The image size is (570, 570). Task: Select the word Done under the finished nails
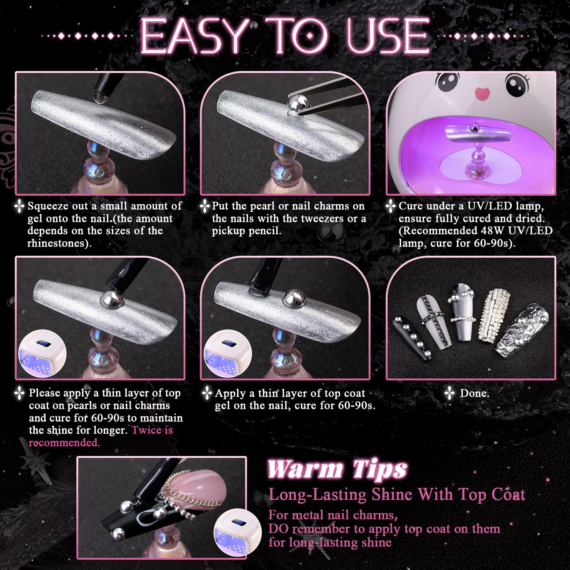[x=475, y=393]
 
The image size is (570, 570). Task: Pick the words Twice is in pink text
[x=152, y=430]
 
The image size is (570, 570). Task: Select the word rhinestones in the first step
[x=58, y=243]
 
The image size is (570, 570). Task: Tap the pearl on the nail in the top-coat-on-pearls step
[x=111, y=298]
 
